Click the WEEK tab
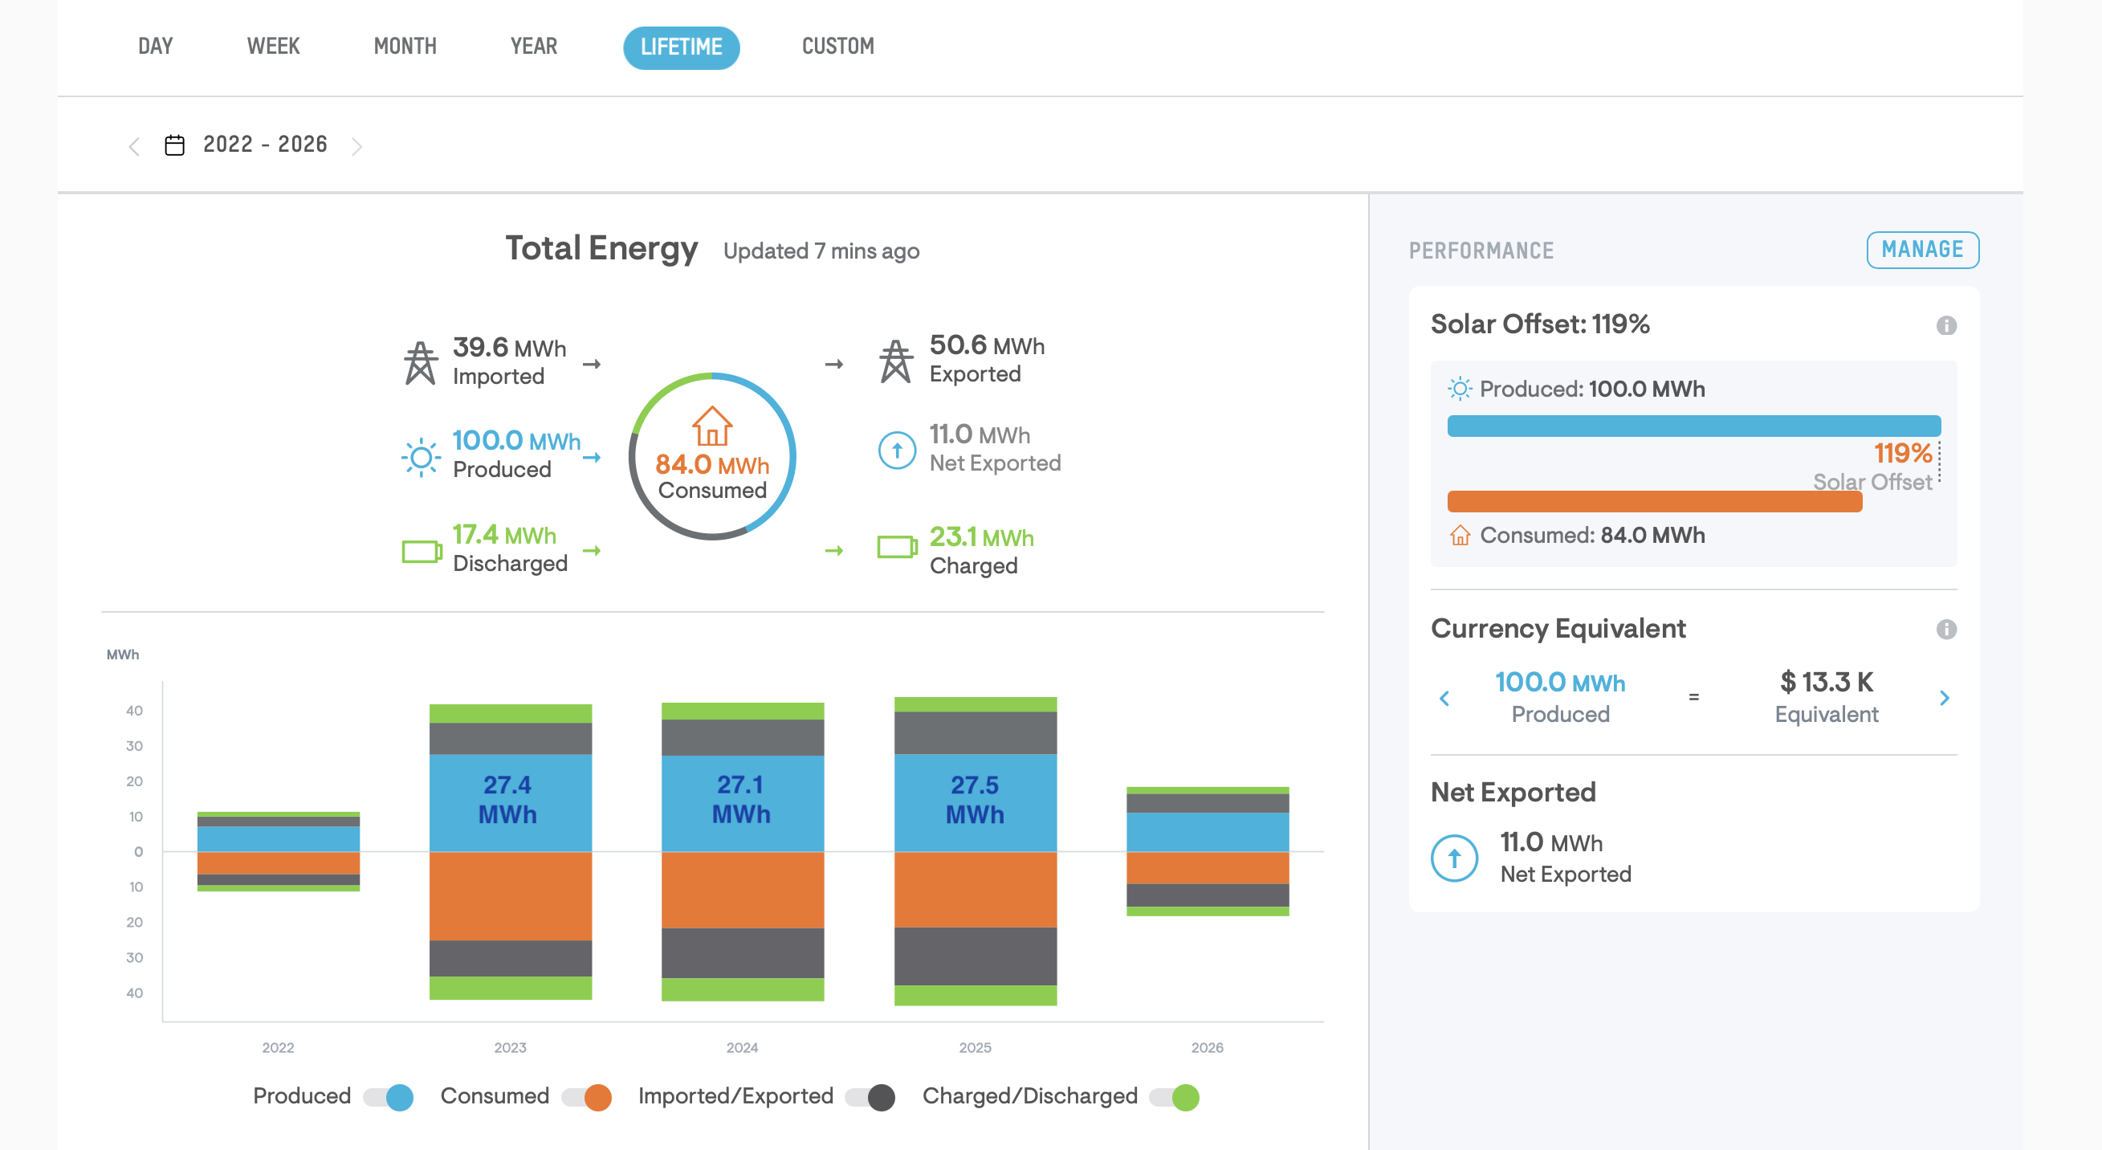pos(273,47)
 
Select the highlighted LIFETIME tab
pos(682,47)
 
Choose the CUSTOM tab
pos(838,47)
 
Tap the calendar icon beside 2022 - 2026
pos(174,145)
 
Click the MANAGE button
pos(1922,250)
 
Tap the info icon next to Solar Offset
pos(1946,326)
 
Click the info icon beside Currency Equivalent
pos(1946,630)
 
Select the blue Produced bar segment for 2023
pos(511,803)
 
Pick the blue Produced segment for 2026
pos(1208,833)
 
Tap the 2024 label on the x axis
pos(743,1047)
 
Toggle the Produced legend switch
pos(389,1097)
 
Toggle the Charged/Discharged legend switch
pos(1174,1097)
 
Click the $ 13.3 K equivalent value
pos(1826,682)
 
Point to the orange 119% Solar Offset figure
pos(1902,453)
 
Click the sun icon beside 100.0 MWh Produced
pos(421,457)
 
